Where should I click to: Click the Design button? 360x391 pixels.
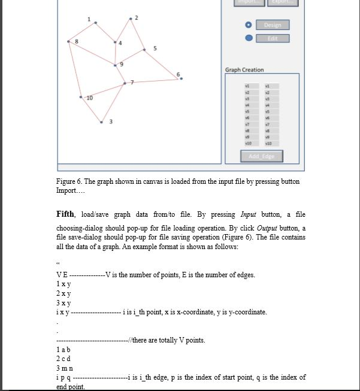[x=273, y=25]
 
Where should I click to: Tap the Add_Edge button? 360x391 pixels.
[x=262, y=156]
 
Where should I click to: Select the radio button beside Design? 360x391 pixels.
[x=249, y=25]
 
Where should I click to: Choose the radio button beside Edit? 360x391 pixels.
[x=249, y=38]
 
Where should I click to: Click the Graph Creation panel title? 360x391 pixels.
[x=244, y=70]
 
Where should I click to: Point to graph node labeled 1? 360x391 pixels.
[x=96, y=23]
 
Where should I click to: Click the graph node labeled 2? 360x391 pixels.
[x=131, y=19]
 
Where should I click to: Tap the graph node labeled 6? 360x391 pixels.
[x=181, y=78]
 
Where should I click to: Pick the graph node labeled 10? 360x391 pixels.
[x=81, y=96]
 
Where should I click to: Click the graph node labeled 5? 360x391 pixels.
[x=144, y=50]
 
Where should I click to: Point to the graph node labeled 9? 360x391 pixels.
[x=116, y=64]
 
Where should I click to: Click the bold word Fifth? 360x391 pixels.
[x=65, y=214]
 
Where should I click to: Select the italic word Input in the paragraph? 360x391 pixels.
[x=249, y=214]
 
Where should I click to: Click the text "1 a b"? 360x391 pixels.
[x=63, y=349]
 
